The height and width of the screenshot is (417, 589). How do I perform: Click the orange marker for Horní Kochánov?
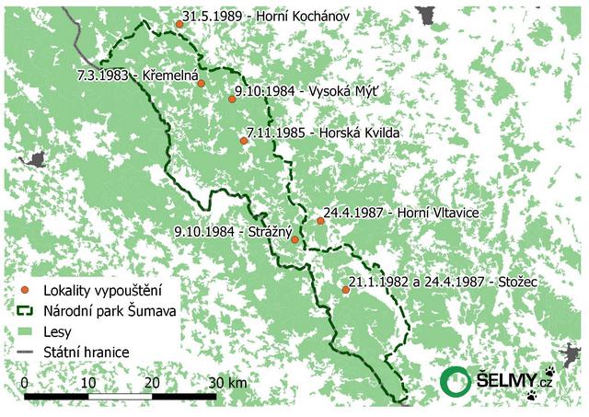179,25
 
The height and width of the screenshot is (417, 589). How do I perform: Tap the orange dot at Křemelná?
201,84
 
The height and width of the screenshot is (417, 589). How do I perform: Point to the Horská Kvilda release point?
244,141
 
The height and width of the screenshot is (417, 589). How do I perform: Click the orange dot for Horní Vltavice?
320,221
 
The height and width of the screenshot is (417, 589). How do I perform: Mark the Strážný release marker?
294,240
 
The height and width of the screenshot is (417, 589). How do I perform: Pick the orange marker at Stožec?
345,290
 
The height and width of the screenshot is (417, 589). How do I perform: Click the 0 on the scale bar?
23,382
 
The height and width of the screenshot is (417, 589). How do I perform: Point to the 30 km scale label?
229,382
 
